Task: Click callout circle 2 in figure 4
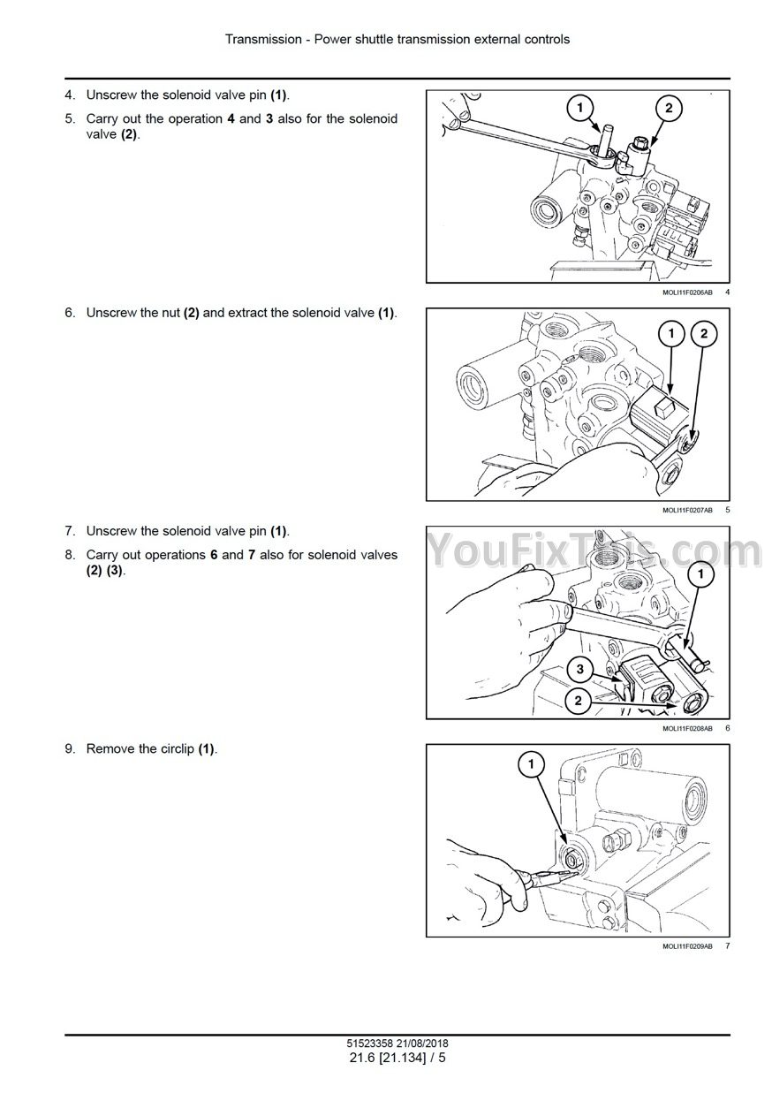point(668,108)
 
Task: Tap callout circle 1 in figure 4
point(579,107)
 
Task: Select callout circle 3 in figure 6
point(579,669)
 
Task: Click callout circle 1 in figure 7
point(531,763)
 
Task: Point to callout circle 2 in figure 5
point(703,334)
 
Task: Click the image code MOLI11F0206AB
point(687,292)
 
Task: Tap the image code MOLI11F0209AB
point(687,946)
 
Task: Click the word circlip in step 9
point(178,748)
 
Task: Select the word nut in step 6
point(171,313)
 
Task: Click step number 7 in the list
point(70,530)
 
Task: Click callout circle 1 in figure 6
point(700,573)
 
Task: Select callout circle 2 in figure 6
point(579,702)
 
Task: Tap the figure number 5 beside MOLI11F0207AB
point(728,510)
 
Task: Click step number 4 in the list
point(70,95)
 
